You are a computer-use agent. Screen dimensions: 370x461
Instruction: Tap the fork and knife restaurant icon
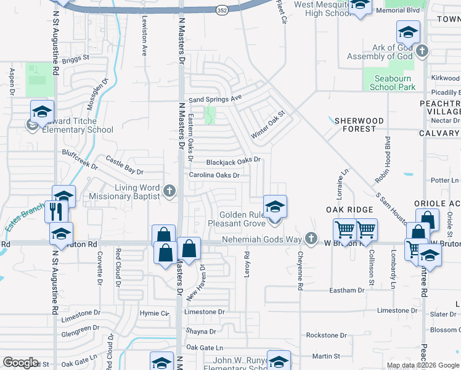(x=55, y=211)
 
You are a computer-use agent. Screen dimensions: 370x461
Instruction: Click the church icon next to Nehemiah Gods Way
(x=312, y=238)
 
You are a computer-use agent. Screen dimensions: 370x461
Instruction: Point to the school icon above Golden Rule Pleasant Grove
(x=275, y=207)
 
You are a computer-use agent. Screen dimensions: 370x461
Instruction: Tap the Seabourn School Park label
(x=392, y=83)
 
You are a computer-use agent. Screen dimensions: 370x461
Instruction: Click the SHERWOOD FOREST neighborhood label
(x=359, y=125)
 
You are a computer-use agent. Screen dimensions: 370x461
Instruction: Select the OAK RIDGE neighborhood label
(x=350, y=210)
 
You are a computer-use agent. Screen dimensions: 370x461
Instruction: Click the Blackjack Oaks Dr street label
(x=234, y=160)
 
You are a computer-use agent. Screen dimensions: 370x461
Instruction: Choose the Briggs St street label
(x=75, y=59)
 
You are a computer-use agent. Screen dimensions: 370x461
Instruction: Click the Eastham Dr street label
(x=348, y=290)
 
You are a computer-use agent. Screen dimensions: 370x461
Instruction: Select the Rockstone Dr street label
(x=327, y=335)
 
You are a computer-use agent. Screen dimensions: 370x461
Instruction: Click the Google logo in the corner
(x=21, y=363)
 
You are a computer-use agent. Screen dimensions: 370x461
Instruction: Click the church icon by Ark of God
(x=422, y=51)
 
